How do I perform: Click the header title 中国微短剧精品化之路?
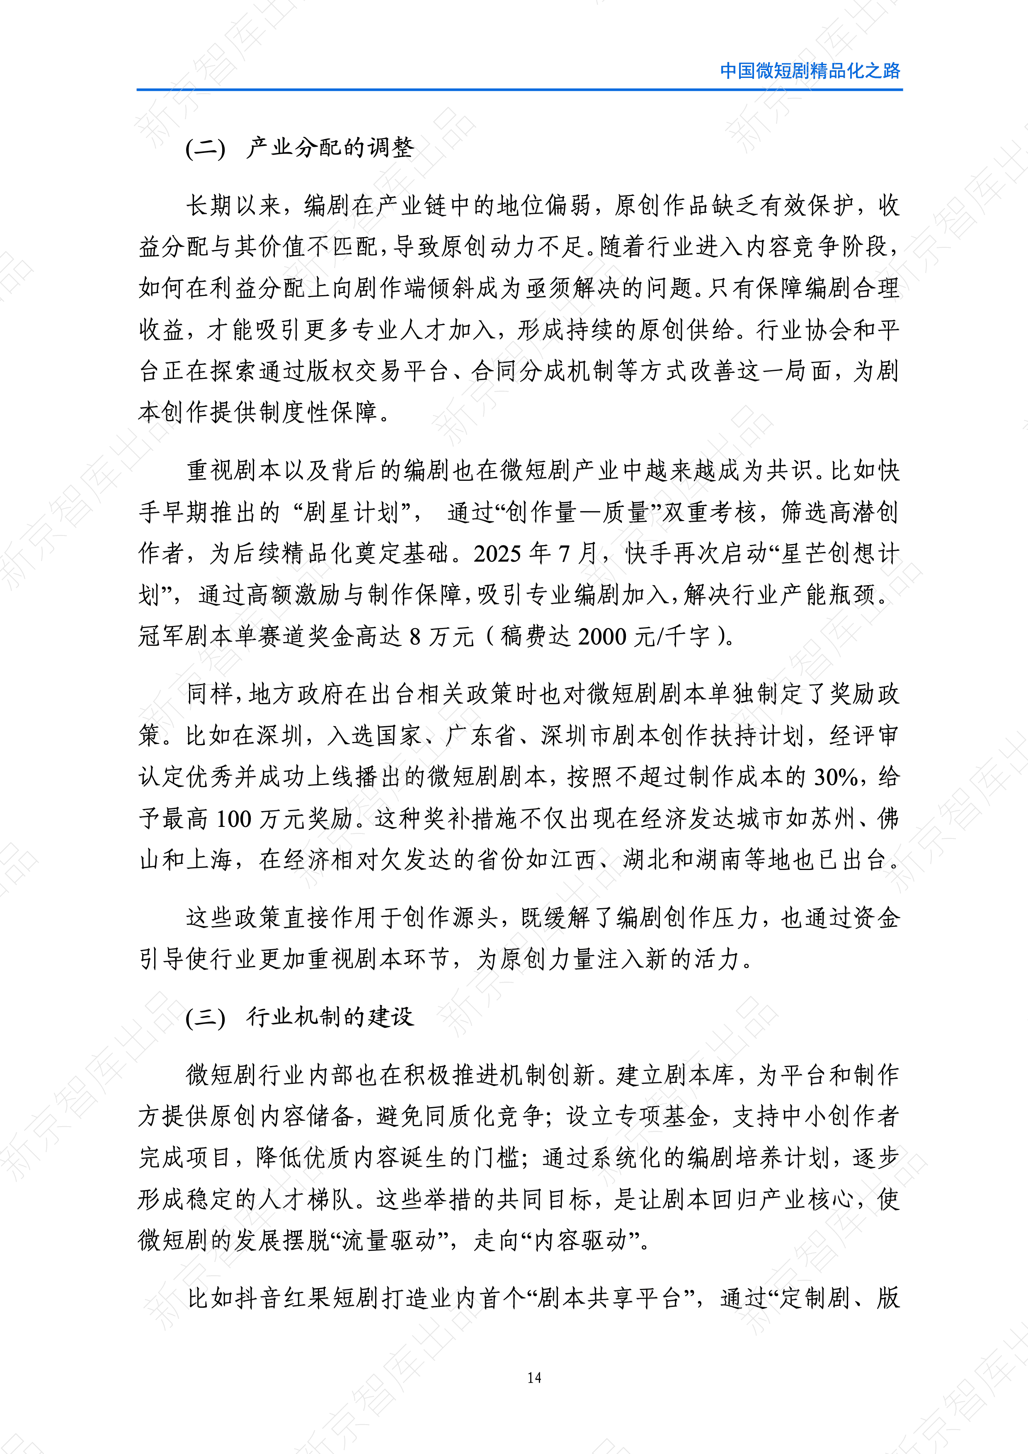click(x=810, y=70)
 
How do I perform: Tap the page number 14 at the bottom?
click(x=533, y=1377)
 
